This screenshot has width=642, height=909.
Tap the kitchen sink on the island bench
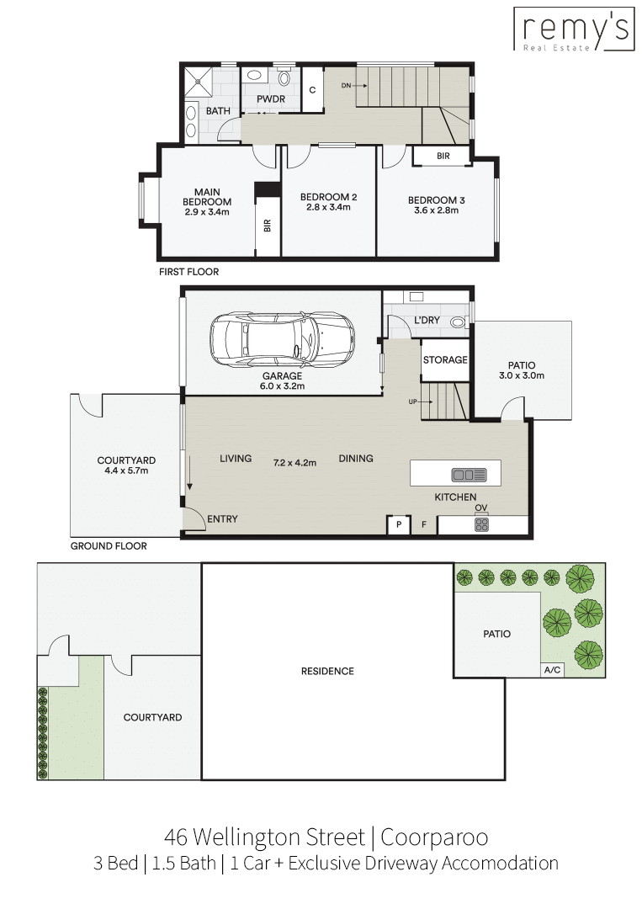point(469,476)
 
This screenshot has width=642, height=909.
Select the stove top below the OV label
point(481,524)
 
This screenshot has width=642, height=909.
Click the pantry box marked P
point(399,524)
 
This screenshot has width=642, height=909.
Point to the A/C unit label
point(552,670)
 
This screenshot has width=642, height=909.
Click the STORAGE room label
point(445,360)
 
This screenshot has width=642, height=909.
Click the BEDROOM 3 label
point(437,200)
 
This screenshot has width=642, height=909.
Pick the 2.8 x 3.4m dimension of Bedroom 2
point(328,207)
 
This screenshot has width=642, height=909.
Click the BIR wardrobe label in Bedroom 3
point(443,156)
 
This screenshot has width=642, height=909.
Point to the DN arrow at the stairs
point(354,86)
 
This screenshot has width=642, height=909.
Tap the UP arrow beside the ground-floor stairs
point(421,401)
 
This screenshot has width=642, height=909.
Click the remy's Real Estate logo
point(572,29)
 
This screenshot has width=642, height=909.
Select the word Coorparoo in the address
point(434,837)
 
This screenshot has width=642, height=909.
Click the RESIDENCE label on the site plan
point(327,672)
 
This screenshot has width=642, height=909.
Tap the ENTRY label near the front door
point(222,518)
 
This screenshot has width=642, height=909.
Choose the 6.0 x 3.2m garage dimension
point(282,386)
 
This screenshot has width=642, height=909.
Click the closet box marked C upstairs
point(312,90)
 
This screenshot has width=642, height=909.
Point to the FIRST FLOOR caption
point(188,271)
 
